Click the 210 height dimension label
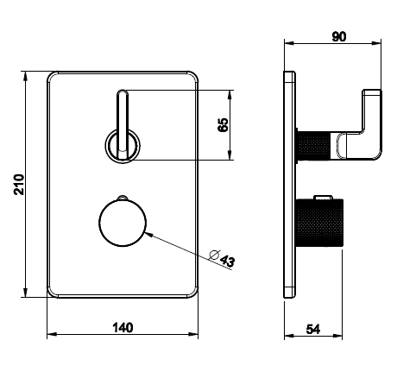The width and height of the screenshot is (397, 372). [x=19, y=185]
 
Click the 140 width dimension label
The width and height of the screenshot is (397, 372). [x=123, y=328]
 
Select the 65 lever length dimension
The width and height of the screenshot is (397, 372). [x=223, y=125]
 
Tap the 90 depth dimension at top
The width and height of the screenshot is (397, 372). [x=339, y=36]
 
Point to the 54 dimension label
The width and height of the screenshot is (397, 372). [x=313, y=329]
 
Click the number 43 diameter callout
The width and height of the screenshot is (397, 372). [x=228, y=261]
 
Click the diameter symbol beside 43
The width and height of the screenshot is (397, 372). [x=215, y=255]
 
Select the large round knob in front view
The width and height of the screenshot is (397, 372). [x=123, y=223]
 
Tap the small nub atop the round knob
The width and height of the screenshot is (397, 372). [x=123, y=198]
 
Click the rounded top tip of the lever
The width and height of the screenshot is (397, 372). [x=123, y=92]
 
